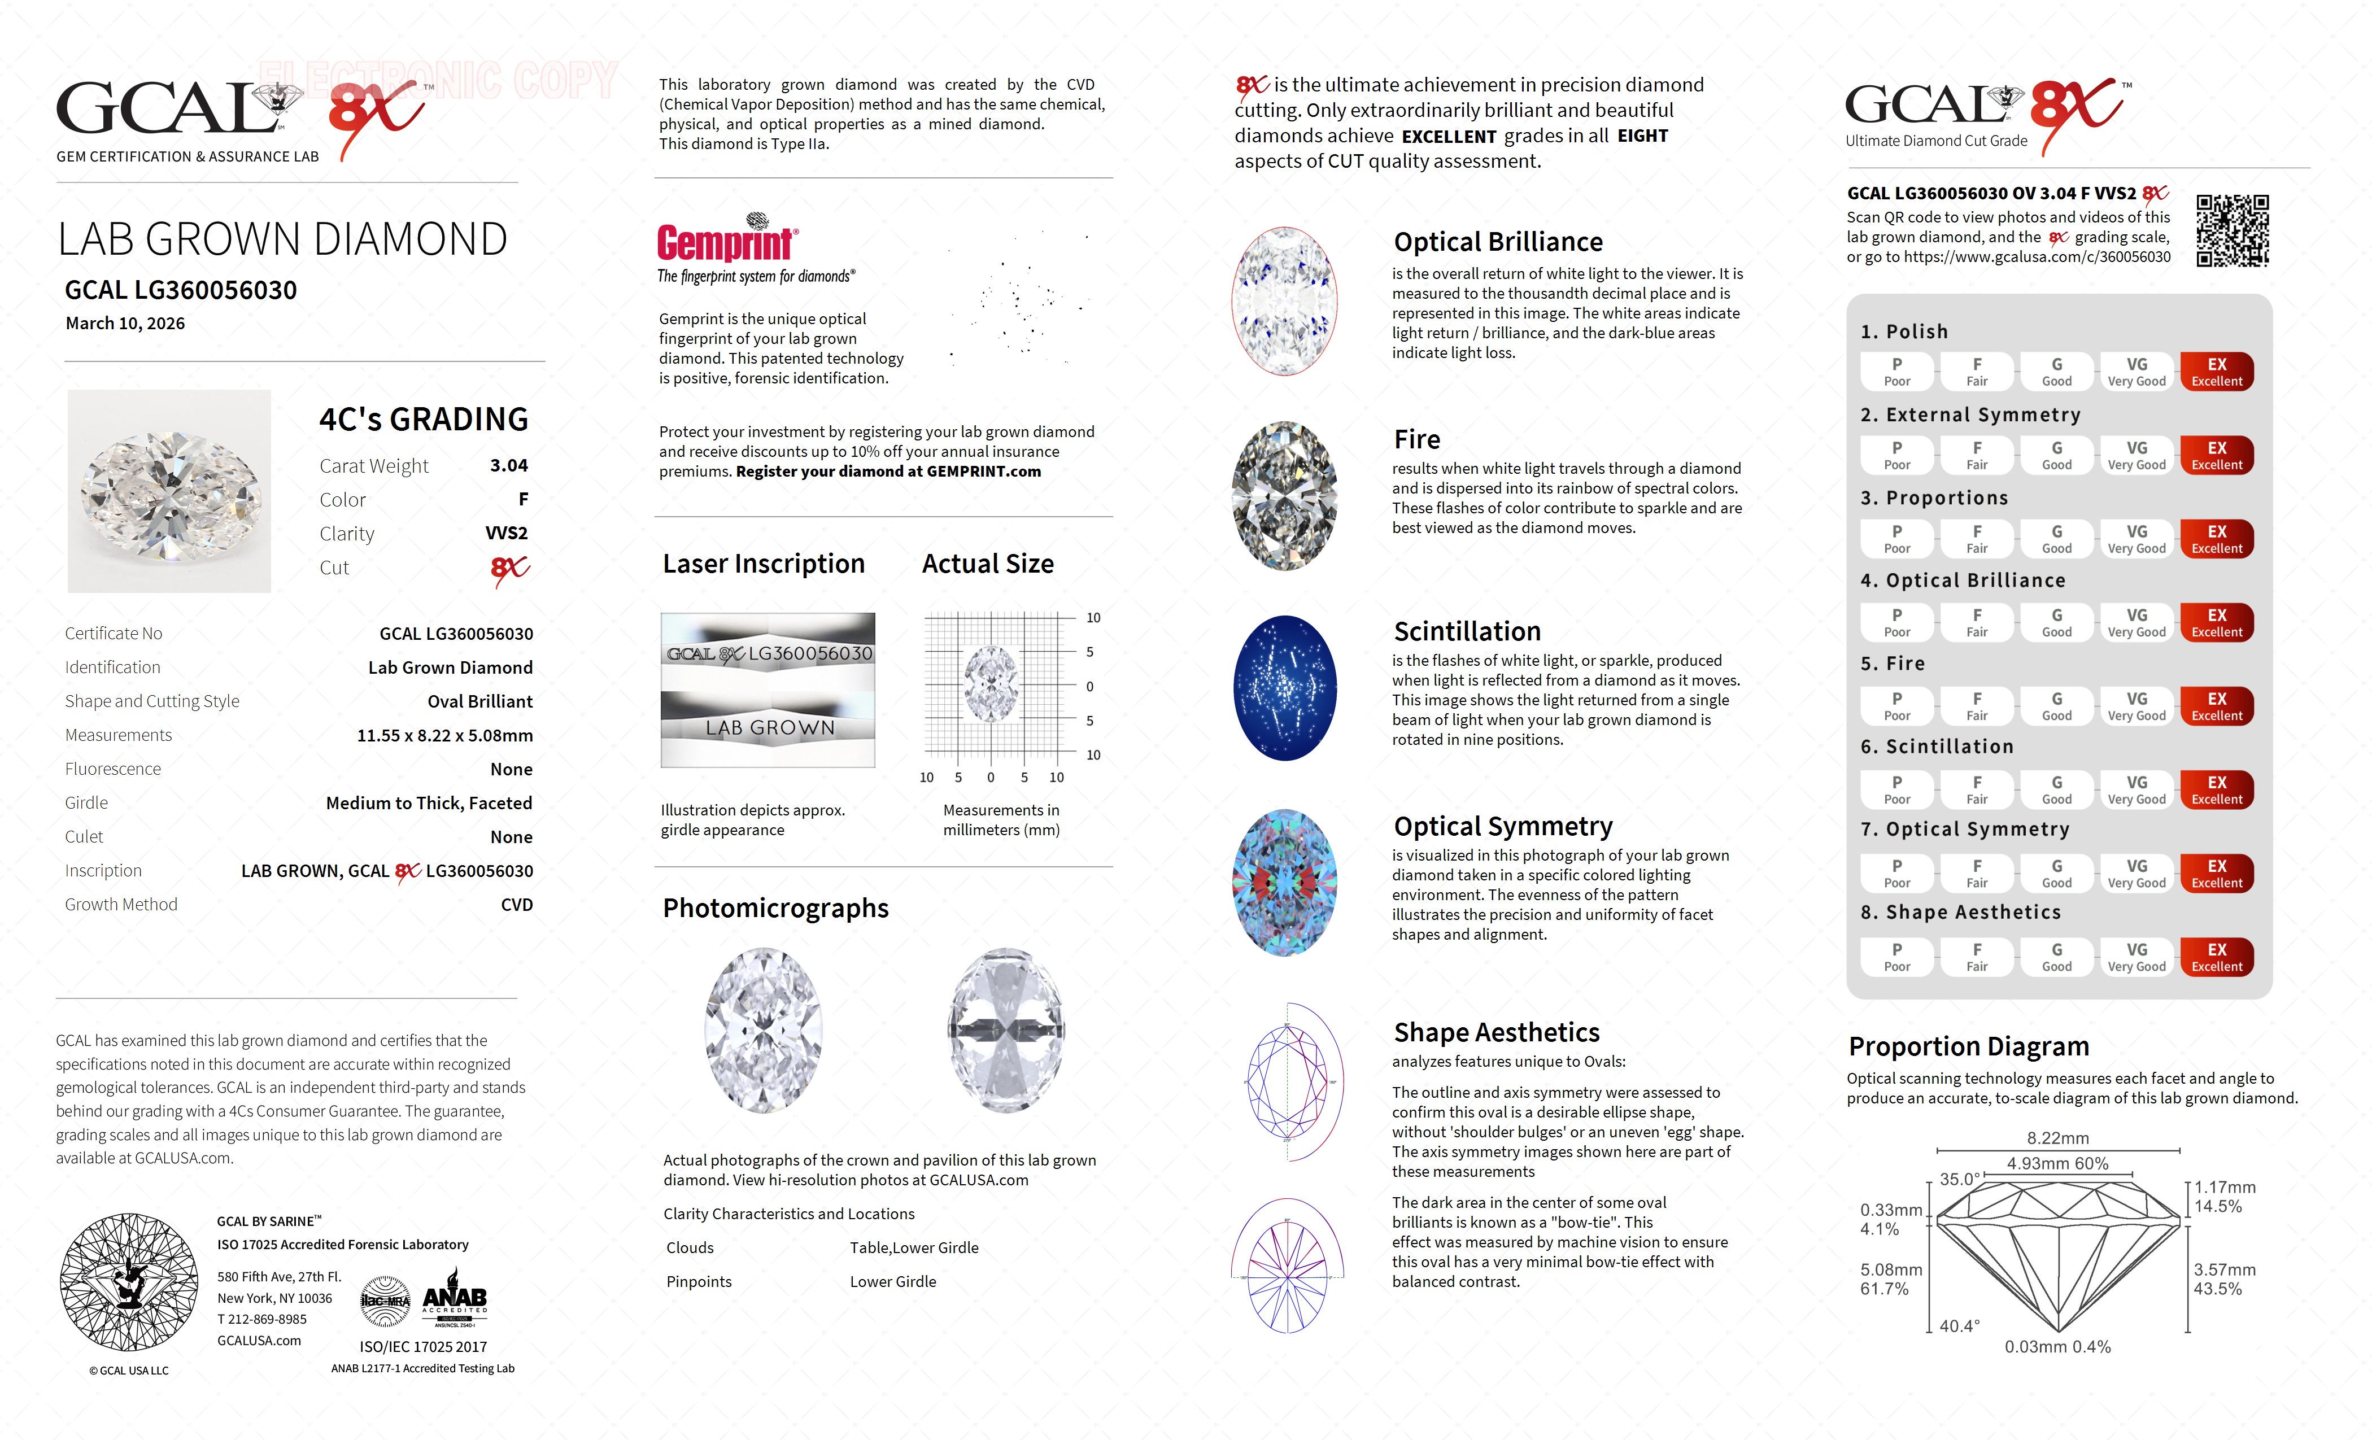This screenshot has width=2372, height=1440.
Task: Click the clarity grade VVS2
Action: click(x=507, y=533)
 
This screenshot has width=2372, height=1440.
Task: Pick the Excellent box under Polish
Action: click(x=2216, y=372)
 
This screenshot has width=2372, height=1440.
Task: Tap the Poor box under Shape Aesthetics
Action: click(x=1896, y=957)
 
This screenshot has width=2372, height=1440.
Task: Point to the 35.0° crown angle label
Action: click(x=1959, y=1179)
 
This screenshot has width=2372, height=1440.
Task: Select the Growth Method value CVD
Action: click(x=516, y=905)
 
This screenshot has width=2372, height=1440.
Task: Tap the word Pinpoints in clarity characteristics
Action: click(x=699, y=1282)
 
